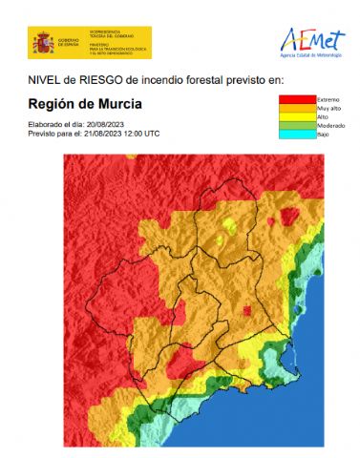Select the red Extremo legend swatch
(x=295, y=99)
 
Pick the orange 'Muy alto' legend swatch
(x=295, y=109)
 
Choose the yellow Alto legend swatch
(x=295, y=117)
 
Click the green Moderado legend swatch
(x=295, y=126)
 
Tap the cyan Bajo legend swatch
(x=295, y=135)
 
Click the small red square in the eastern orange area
(x=247, y=311)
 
